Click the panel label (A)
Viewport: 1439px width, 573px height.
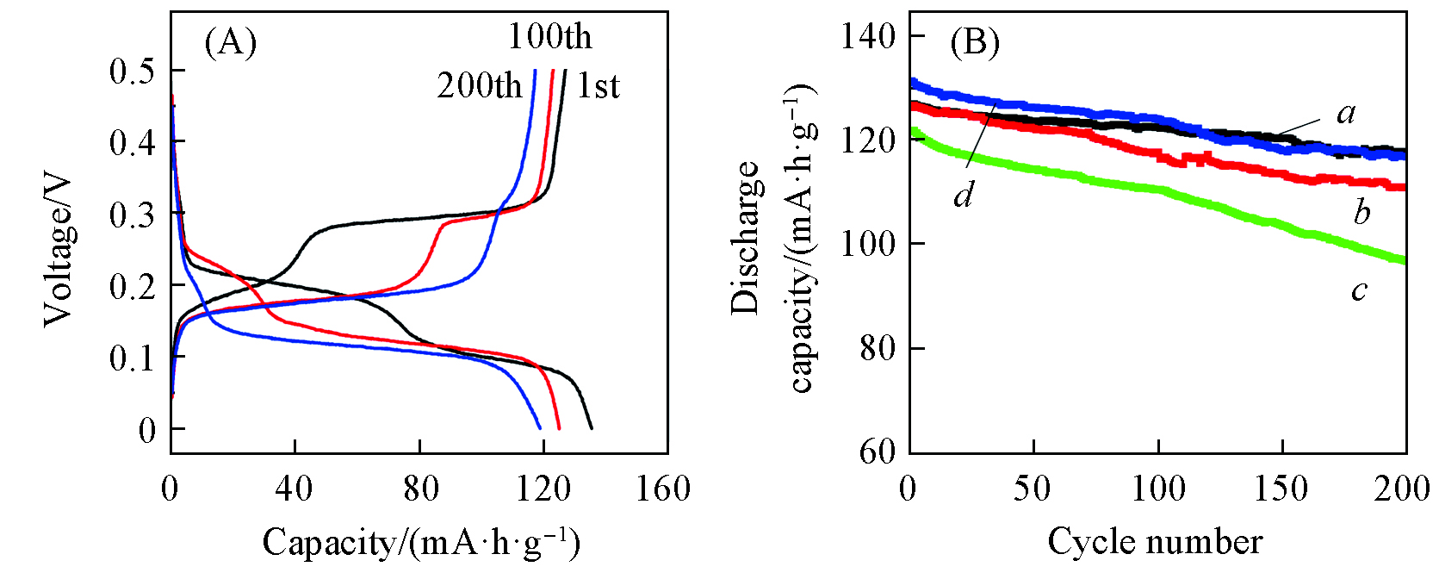(230, 41)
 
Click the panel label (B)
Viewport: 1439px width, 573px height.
(974, 41)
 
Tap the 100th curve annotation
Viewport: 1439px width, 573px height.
(549, 37)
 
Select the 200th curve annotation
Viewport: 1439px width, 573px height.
(480, 85)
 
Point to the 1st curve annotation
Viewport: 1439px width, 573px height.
(598, 86)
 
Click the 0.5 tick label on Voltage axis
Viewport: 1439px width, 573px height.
(133, 72)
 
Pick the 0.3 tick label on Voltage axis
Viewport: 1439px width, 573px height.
(133, 215)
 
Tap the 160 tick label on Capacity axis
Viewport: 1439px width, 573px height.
(663, 489)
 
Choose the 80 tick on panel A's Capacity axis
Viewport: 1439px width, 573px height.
(420, 489)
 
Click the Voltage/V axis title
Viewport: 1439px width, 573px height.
(59, 250)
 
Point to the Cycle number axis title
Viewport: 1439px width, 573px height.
(1155, 542)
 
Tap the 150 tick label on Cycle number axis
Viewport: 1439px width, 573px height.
(1281, 489)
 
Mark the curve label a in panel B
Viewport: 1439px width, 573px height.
(1346, 113)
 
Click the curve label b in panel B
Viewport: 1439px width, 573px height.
(1361, 212)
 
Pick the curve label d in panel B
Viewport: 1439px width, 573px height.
(963, 196)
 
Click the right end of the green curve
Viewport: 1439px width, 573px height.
(1404, 260)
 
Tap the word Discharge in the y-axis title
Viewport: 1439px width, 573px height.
(746, 237)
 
